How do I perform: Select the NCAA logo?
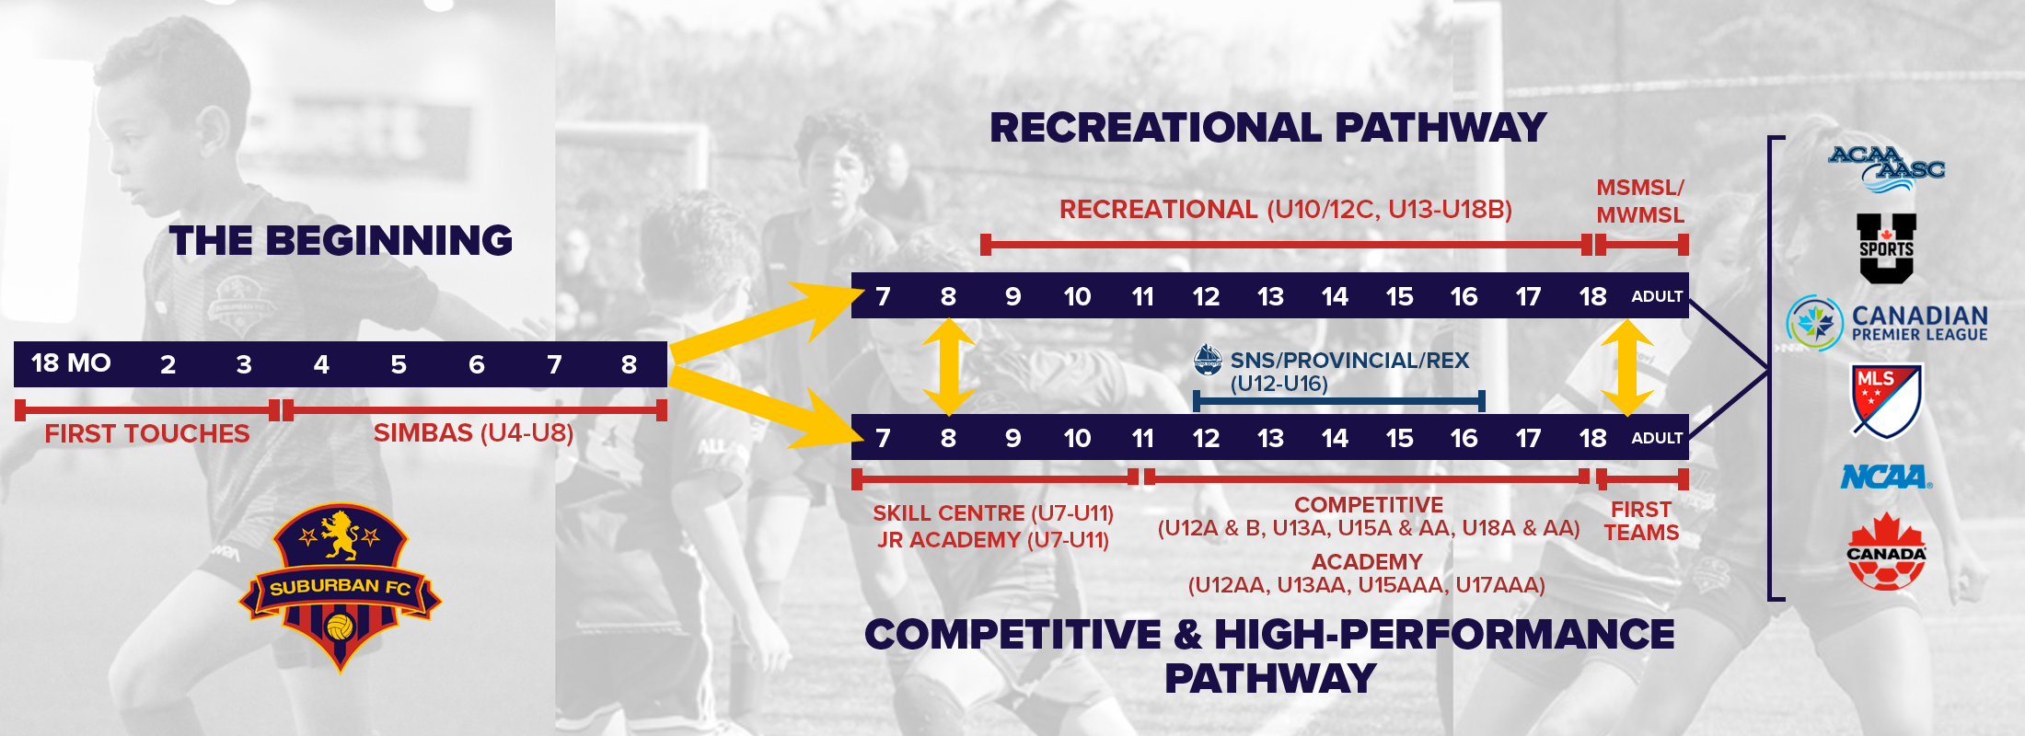click(1886, 477)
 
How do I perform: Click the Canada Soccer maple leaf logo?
click(1886, 551)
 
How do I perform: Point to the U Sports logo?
click(1886, 247)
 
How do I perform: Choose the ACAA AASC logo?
click(1886, 167)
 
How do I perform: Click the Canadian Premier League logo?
click(1887, 323)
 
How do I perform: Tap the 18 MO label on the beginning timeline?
click(71, 363)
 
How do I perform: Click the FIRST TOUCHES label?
click(147, 433)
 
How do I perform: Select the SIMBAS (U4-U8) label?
click(473, 432)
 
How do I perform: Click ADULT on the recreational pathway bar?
click(1657, 296)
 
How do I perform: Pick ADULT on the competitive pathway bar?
click(1657, 438)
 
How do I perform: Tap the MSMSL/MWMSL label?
click(1640, 201)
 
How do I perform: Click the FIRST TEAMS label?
click(1641, 521)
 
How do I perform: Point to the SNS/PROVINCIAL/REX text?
click(1349, 361)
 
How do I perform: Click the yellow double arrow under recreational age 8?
click(948, 366)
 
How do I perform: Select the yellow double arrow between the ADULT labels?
click(1627, 366)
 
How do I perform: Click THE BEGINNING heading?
click(341, 241)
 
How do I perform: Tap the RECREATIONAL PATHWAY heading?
click(1267, 128)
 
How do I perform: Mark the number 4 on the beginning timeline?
click(321, 364)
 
